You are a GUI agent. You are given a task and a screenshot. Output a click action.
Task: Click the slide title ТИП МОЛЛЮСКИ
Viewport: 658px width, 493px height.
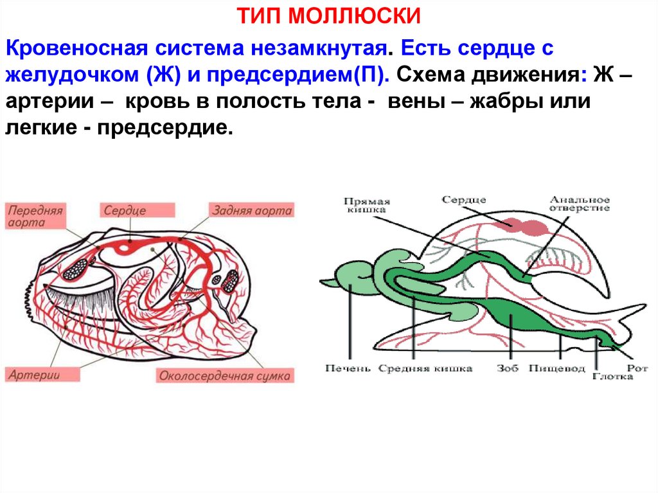click(x=328, y=15)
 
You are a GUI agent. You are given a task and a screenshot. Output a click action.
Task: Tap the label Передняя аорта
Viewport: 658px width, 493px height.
click(x=35, y=217)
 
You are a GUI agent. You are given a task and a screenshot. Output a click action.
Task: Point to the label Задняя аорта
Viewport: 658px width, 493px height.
click(x=251, y=210)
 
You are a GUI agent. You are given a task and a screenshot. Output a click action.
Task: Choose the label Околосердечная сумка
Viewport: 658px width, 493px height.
click(x=224, y=376)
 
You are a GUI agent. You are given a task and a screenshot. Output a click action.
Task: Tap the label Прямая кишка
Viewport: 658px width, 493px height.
click(x=366, y=204)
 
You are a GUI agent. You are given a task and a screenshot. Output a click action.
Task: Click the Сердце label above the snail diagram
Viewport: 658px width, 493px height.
click(x=463, y=201)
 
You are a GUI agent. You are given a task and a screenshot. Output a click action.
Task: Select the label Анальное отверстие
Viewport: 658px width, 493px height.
click(x=578, y=204)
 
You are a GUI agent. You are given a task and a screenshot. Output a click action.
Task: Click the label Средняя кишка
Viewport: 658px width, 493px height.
click(x=425, y=369)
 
